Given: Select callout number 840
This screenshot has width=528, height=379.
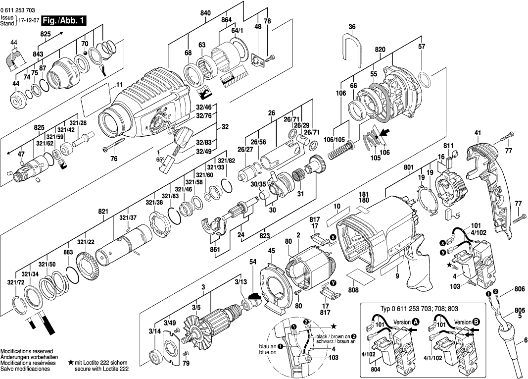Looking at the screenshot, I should (205, 13).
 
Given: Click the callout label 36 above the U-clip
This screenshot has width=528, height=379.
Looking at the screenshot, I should (352, 27).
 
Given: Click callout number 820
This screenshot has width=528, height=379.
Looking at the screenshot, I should (380, 50).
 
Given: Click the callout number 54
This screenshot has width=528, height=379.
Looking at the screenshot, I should (253, 261).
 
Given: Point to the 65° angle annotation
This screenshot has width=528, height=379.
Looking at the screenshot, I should (160, 160).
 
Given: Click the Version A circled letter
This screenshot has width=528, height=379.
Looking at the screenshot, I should (416, 322).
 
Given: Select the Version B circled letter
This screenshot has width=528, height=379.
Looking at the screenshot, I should (476, 322).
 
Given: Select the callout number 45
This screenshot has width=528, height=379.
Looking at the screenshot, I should (271, 251).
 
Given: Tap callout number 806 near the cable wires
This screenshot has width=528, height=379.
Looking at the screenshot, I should (519, 289).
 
